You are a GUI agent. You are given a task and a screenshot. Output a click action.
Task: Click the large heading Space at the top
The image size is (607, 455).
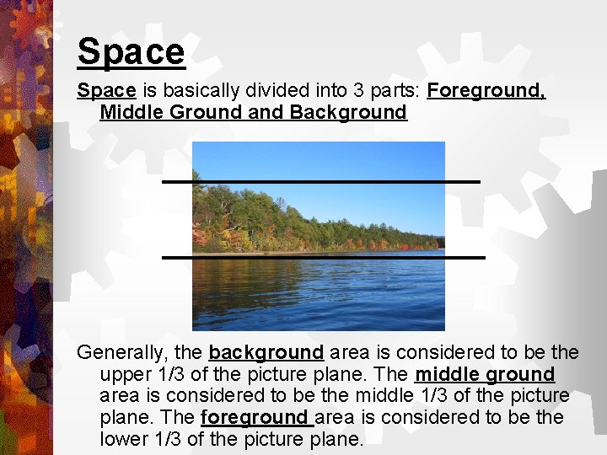131,51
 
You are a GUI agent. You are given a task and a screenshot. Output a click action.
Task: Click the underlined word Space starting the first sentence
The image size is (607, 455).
106,90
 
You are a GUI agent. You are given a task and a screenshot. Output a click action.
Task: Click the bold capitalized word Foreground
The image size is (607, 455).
486,90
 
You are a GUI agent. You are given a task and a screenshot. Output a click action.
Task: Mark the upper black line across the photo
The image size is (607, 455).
320,181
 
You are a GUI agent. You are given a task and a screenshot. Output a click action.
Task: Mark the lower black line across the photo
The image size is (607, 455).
323,256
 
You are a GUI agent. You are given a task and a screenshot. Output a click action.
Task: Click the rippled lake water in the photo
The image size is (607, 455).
319,295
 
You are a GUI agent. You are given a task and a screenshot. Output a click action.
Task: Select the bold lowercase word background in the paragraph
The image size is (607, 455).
266,351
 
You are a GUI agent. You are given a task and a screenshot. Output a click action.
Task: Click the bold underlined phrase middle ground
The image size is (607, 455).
485,373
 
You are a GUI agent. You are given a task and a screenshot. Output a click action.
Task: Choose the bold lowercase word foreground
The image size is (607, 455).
257,417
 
